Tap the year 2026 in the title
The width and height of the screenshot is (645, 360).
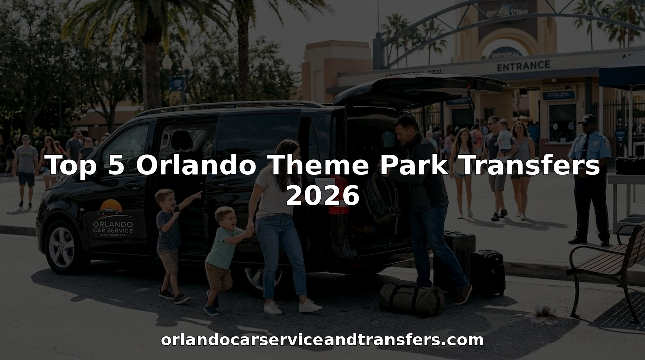[322, 196]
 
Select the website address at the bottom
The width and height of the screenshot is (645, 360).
[322, 340]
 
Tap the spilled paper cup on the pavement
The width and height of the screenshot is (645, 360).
[545, 309]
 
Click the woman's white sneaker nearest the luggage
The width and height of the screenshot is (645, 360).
[310, 306]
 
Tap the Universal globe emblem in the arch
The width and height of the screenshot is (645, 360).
[505, 52]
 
